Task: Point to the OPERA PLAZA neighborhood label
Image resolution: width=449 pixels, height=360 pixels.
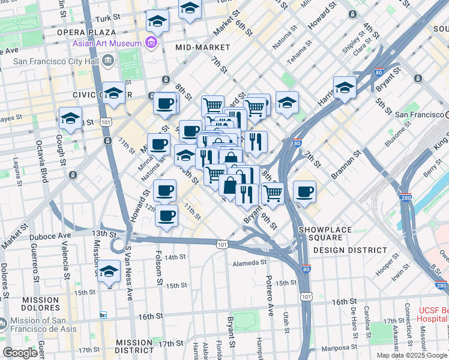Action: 86,32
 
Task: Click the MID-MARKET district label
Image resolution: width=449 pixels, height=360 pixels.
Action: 203,47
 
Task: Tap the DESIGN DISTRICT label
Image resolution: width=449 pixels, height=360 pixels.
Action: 350,250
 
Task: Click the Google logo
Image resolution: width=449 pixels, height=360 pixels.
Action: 20,353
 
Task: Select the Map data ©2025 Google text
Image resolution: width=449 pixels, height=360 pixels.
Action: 412,355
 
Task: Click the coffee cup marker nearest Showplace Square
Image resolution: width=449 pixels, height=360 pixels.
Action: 305,193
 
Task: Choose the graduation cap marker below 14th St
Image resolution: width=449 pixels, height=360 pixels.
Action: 109,272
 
